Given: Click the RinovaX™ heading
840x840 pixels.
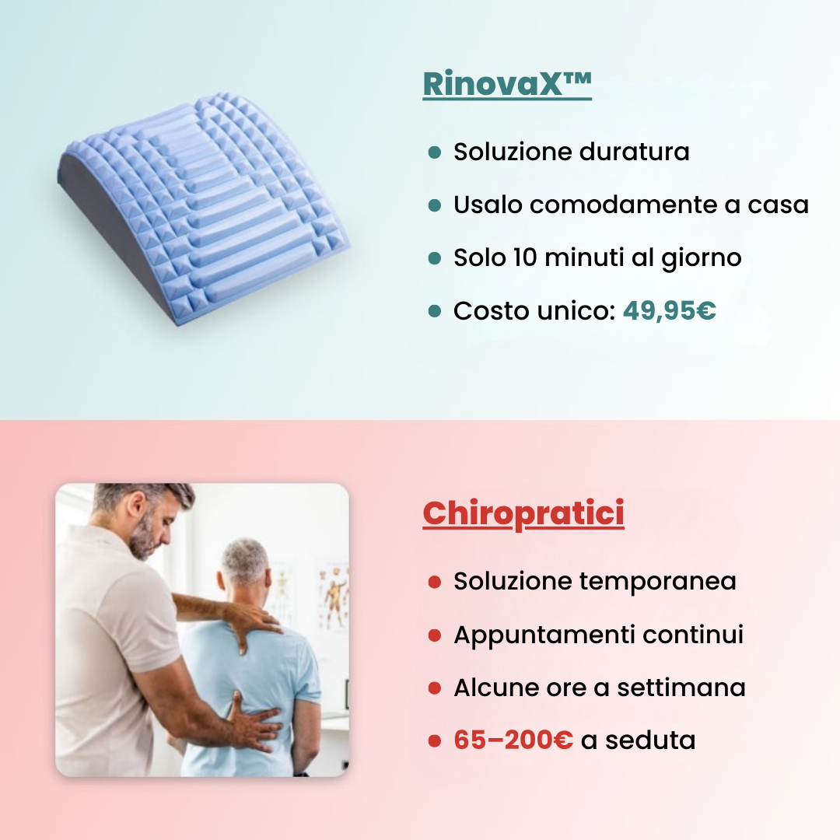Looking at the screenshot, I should click(507, 84).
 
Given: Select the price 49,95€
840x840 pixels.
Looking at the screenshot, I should click(669, 311).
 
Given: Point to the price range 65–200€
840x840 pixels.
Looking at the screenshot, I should click(513, 740).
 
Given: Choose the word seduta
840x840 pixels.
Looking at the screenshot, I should click(650, 740).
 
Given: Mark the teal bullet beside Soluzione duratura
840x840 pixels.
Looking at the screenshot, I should click(435, 152).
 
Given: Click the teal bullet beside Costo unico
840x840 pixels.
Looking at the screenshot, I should click(435, 312).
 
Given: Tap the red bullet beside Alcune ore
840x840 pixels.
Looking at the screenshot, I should click(435, 688).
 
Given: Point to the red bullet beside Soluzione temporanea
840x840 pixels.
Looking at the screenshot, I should click(435, 582).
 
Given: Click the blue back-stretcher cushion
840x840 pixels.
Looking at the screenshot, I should click(206, 206).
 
